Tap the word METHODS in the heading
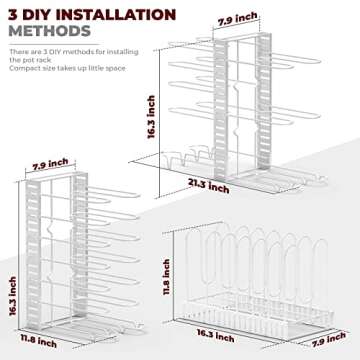click(x=50, y=31)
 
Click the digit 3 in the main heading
click(x=13, y=15)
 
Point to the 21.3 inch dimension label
click(x=209, y=187)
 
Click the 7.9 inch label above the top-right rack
click(x=237, y=19)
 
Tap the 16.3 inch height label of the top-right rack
click(x=151, y=117)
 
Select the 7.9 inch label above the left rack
click(x=50, y=166)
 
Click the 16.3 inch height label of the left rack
click(x=13, y=296)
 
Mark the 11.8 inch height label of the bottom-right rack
click(x=166, y=277)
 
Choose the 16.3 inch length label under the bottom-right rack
click(x=215, y=335)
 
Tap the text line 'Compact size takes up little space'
click(x=68, y=68)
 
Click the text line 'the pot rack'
click(x=30, y=60)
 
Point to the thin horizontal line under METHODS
click(x=54, y=44)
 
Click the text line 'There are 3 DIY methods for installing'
click(x=74, y=52)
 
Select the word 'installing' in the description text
click(x=123, y=52)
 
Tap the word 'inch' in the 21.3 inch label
click(x=219, y=189)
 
